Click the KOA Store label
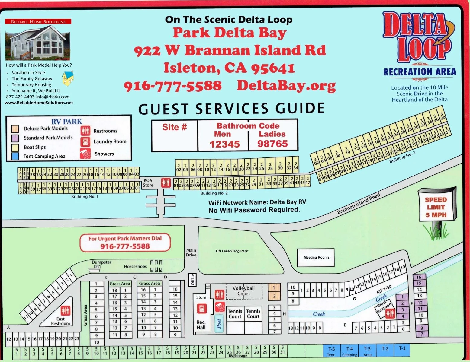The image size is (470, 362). pyautogui.click(x=148, y=183)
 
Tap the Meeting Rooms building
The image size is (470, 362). pyautogui.click(x=316, y=257)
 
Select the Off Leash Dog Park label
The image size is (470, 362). pyautogui.click(x=232, y=251)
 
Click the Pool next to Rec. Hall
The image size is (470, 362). pyautogui.click(x=219, y=323)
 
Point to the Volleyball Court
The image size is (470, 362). pyautogui.click(x=243, y=291)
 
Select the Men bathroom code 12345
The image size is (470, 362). pyautogui.click(x=224, y=144)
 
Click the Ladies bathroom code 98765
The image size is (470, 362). pyautogui.click(x=272, y=144)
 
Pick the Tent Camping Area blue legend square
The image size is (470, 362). pyautogui.click(x=15, y=156)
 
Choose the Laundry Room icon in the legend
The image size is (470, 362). pyautogui.click(x=85, y=142)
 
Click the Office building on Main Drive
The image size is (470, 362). pyautogui.click(x=192, y=279)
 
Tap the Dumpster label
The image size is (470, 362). pyautogui.click(x=101, y=262)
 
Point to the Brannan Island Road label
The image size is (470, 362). pyautogui.click(x=358, y=204)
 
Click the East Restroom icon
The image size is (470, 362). pyautogui.click(x=65, y=310)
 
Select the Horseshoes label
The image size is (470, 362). pyautogui.click(x=135, y=266)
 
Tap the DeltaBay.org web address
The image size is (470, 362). pyautogui.click(x=286, y=86)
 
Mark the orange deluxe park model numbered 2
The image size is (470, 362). pyautogui.click(x=274, y=296)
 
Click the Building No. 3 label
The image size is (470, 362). pyautogui.click(x=402, y=157)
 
